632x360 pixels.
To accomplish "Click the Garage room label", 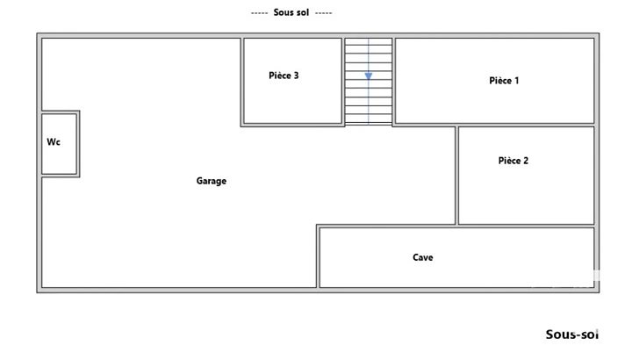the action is (x=212, y=181).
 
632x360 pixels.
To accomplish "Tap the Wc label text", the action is (x=54, y=142).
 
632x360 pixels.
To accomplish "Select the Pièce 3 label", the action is (x=284, y=76).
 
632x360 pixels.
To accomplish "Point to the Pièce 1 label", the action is (x=504, y=81).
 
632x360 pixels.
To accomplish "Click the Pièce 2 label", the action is (x=513, y=161).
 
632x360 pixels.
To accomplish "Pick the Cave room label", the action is (x=423, y=257).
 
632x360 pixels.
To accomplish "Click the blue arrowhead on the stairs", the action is (x=369, y=76).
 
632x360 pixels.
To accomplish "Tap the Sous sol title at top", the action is (x=291, y=12).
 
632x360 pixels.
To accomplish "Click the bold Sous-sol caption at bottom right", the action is (x=571, y=335).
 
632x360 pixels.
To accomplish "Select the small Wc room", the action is (x=60, y=144).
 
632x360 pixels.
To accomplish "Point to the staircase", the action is (x=369, y=81).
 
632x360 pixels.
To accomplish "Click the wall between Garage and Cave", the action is (x=318, y=256).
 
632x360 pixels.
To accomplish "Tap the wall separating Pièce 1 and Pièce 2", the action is (x=526, y=125).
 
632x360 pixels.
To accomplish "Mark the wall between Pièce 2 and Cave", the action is (x=526, y=227).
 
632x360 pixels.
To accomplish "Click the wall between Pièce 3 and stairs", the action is (x=343, y=81).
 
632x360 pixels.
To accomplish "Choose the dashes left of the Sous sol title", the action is (x=259, y=13).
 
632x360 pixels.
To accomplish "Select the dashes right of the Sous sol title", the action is (x=324, y=13).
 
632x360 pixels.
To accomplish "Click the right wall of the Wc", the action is (x=78, y=144).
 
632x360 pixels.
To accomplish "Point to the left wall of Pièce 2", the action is (x=457, y=176).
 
